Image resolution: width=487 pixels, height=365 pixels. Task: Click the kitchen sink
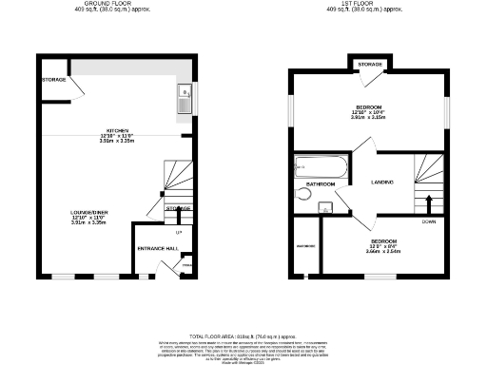pyautogui.click(x=184, y=96)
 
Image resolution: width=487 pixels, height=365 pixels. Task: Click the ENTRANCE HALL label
pyautogui.click(x=159, y=248)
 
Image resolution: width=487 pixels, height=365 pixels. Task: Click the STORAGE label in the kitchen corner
pyautogui.click(x=53, y=79)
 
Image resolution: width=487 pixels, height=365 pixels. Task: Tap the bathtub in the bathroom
pyautogui.click(x=321, y=168)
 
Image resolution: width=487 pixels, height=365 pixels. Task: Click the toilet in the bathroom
pyautogui.click(x=303, y=194)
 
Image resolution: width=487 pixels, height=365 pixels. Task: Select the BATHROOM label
pyautogui.click(x=320, y=183)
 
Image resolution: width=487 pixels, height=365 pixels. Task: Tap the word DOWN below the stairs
pyautogui.click(x=429, y=221)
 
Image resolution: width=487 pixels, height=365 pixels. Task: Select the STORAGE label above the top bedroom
pyautogui.click(x=370, y=64)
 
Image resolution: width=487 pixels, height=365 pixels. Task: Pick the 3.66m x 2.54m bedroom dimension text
pyautogui.click(x=384, y=252)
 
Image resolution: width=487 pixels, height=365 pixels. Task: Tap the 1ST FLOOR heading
pyautogui.click(x=370, y=3)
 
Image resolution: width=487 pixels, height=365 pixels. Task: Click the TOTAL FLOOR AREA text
pyautogui.click(x=243, y=336)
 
